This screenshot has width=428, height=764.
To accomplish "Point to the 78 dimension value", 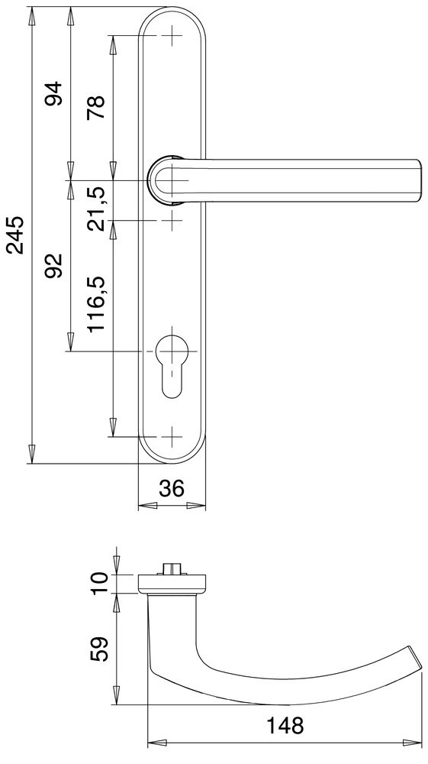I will tap(95, 107).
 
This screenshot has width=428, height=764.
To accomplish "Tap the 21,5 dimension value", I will tap(95, 201).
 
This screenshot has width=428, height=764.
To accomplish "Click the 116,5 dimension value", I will tap(96, 304).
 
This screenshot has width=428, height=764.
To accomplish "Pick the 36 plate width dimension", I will tap(172, 488).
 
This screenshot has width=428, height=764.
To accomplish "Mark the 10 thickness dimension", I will tap(99, 582).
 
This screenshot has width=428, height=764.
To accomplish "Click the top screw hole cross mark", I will tap(173, 35).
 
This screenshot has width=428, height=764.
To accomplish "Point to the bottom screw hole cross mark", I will tap(173, 438).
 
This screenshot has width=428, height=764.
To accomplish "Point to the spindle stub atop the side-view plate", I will tap(173, 569).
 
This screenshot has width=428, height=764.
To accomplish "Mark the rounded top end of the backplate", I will tap(173, 17).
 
